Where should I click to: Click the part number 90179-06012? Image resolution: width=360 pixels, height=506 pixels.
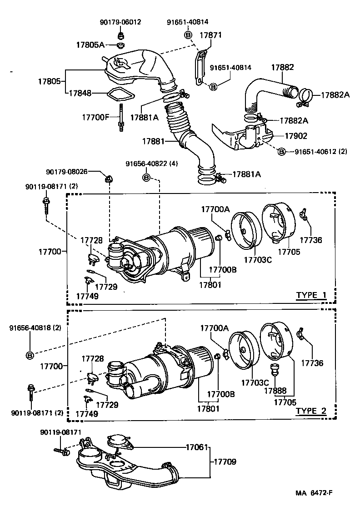[120, 22]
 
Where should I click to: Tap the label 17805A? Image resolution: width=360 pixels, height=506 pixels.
[90, 45]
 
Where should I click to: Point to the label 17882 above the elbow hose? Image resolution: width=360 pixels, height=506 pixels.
[283, 67]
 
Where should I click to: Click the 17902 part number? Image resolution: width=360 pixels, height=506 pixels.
[296, 135]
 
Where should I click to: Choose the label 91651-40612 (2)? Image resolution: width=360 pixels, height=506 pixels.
[320, 151]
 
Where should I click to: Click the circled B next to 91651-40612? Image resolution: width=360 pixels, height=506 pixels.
[281, 151]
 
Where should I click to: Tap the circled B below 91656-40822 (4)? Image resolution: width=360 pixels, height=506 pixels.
[146, 177]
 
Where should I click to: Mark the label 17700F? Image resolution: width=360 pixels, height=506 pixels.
[95, 117]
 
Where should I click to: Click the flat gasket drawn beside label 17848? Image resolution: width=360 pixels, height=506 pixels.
[120, 95]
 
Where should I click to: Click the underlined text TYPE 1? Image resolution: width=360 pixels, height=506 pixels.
[311, 295]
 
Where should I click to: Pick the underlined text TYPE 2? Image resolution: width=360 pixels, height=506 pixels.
[311, 411]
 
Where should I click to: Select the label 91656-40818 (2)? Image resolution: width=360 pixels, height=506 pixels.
[35, 328]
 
